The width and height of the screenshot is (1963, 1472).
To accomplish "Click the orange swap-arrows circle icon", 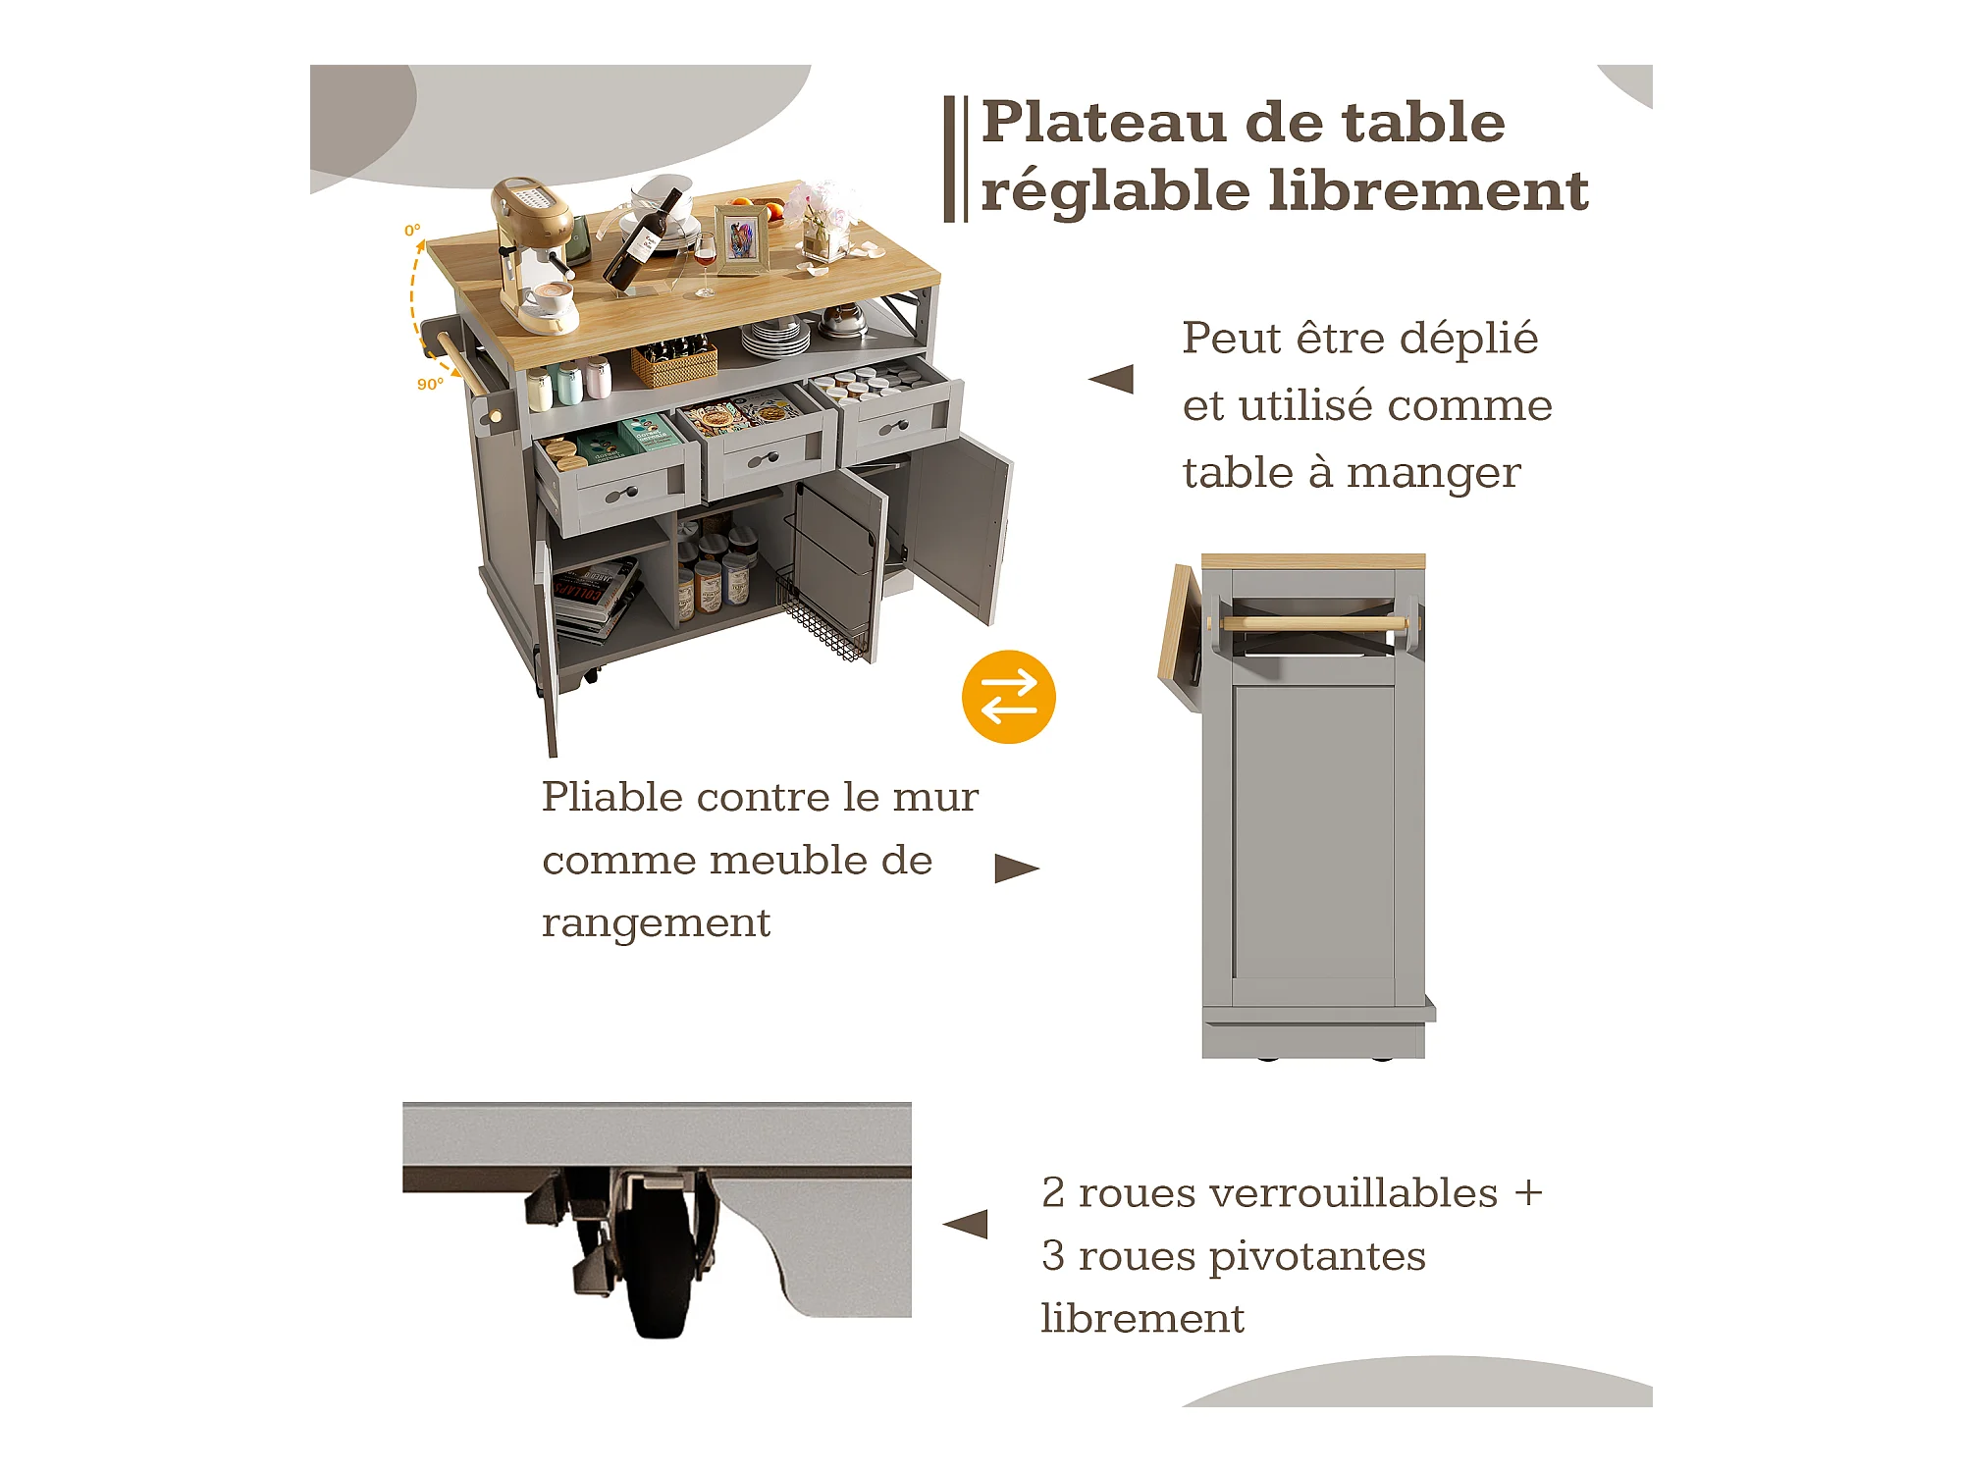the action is [x=1008, y=697].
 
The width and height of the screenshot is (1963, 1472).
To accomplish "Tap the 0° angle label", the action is [x=412, y=231].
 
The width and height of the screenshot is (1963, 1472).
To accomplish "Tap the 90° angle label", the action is [x=430, y=384].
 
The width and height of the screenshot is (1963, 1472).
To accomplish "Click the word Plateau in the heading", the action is [x=1104, y=123].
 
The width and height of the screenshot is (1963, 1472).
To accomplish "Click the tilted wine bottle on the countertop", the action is [x=644, y=240].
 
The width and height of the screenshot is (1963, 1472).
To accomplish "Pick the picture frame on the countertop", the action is [x=741, y=238].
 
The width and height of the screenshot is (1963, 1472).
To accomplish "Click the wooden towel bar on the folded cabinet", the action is [x=1312, y=624].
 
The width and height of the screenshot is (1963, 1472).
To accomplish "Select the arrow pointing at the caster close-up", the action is [x=966, y=1224].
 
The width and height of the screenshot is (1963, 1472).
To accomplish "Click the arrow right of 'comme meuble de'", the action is [x=1016, y=868].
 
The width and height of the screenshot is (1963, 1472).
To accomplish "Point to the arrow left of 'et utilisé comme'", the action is [x=1112, y=380].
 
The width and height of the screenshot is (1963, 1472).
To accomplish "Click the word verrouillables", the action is [x=1288, y=1193].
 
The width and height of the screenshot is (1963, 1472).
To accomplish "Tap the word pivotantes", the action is [x=1317, y=1256].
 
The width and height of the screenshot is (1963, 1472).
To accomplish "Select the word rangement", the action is [x=656, y=923].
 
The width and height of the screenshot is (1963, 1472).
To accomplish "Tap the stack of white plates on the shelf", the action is [x=775, y=339].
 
